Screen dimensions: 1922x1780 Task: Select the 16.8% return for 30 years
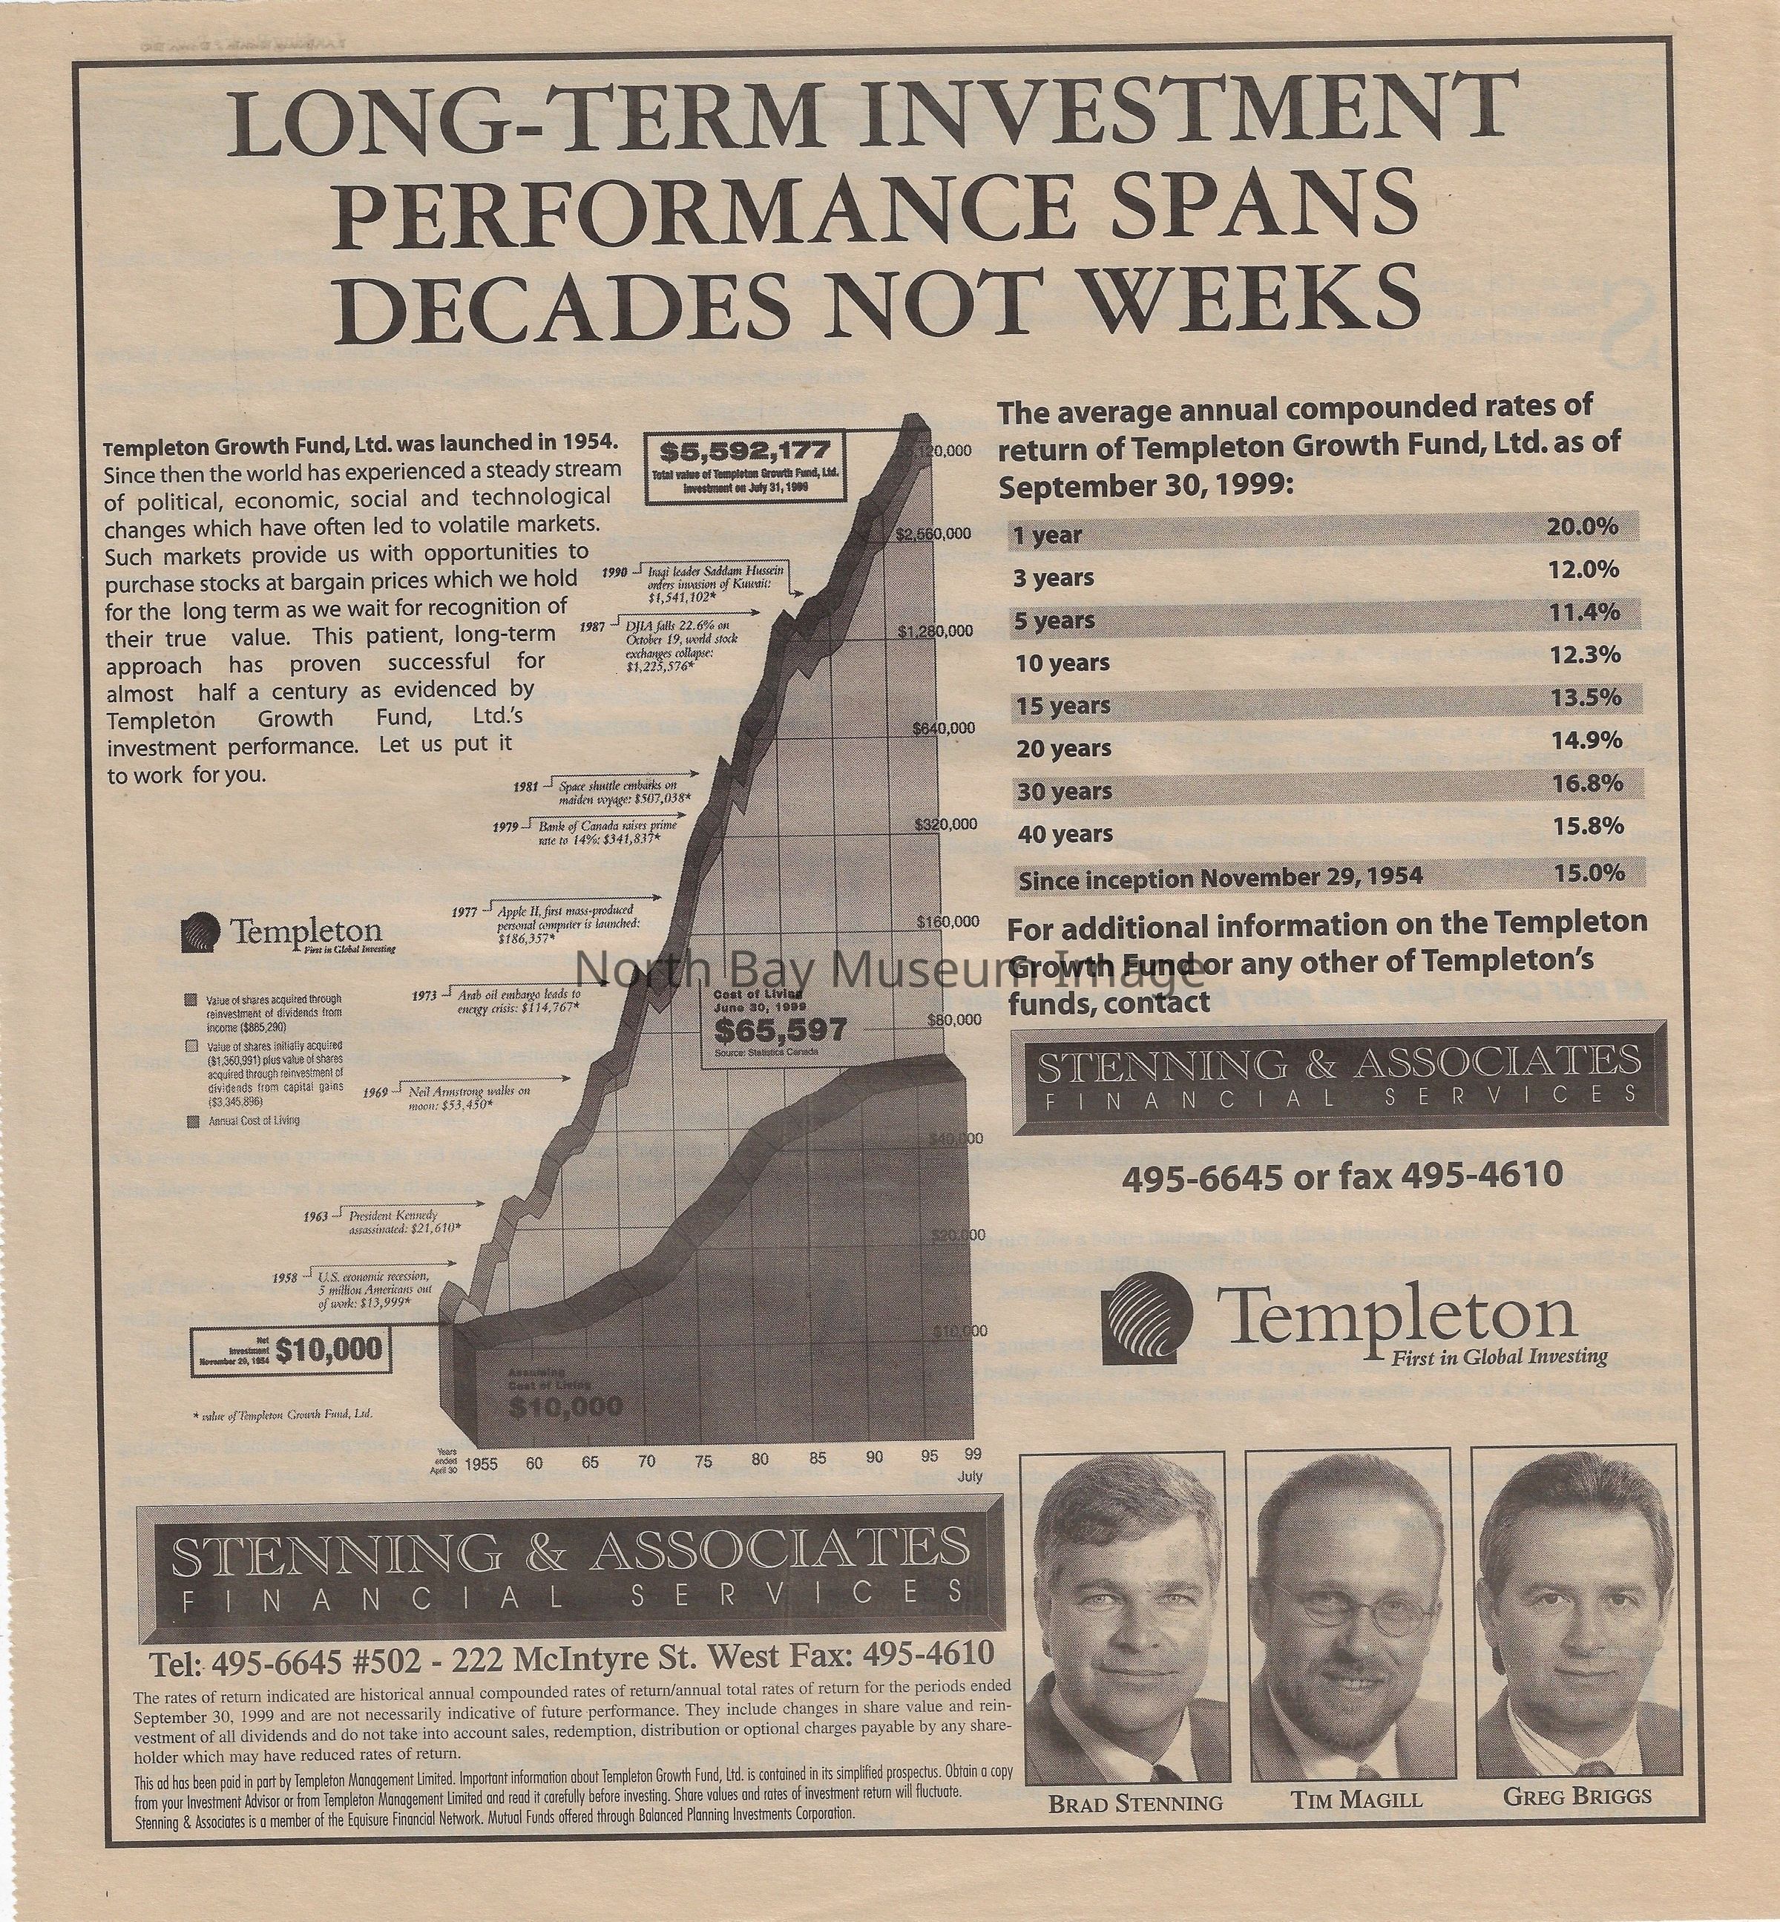coord(1589,783)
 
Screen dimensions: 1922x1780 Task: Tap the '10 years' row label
coord(1063,663)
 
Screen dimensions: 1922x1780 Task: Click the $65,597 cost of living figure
coord(781,1030)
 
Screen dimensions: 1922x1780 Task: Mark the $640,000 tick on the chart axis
coord(944,728)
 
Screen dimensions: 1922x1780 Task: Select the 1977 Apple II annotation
coord(568,922)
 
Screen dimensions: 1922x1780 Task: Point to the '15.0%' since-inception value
coord(1589,872)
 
